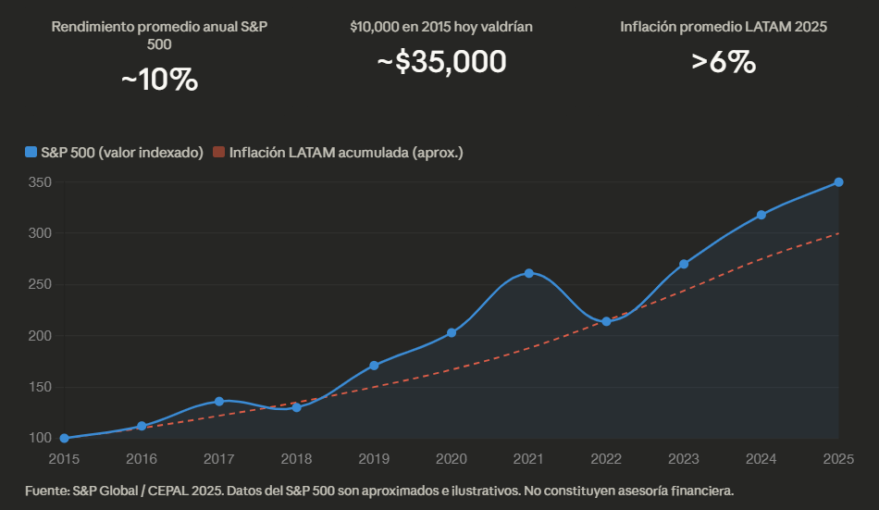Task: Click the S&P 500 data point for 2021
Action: tap(528, 273)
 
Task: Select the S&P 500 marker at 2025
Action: tap(838, 182)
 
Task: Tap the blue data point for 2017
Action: tap(219, 401)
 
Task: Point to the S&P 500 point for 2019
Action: tap(374, 366)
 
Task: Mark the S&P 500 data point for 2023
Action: tap(684, 264)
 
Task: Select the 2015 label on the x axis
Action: tap(64, 458)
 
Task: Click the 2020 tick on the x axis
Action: tap(452, 458)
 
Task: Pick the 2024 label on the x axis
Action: tap(761, 458)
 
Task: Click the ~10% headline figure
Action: tap(159, 81)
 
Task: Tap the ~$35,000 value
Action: tap(441, 62)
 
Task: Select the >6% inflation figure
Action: tap(724, 62)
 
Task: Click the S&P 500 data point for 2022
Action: tap(606, 321)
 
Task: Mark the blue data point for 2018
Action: tap(296, 407)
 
